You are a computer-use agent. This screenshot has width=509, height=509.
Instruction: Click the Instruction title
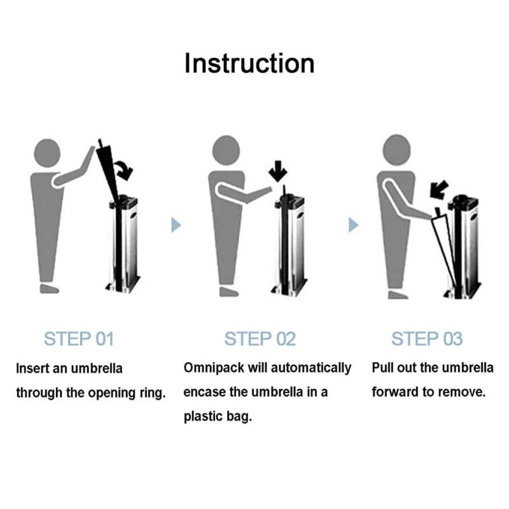249,64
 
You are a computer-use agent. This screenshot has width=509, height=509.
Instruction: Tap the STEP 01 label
79,339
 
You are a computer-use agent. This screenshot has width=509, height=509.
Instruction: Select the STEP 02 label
260,339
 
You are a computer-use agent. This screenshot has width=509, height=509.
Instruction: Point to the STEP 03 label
427,339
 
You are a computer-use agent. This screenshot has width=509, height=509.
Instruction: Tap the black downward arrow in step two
278,171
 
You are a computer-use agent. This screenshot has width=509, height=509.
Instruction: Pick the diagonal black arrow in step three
439,190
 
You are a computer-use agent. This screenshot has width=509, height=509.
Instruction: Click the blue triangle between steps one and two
176,225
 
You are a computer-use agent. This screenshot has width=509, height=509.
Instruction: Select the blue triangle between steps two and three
353,225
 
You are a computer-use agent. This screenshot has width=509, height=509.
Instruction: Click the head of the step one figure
47,153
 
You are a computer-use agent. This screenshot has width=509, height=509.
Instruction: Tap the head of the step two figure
227,150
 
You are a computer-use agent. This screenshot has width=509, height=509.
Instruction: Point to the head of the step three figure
396,150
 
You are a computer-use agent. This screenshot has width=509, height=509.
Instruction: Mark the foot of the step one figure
50,289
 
